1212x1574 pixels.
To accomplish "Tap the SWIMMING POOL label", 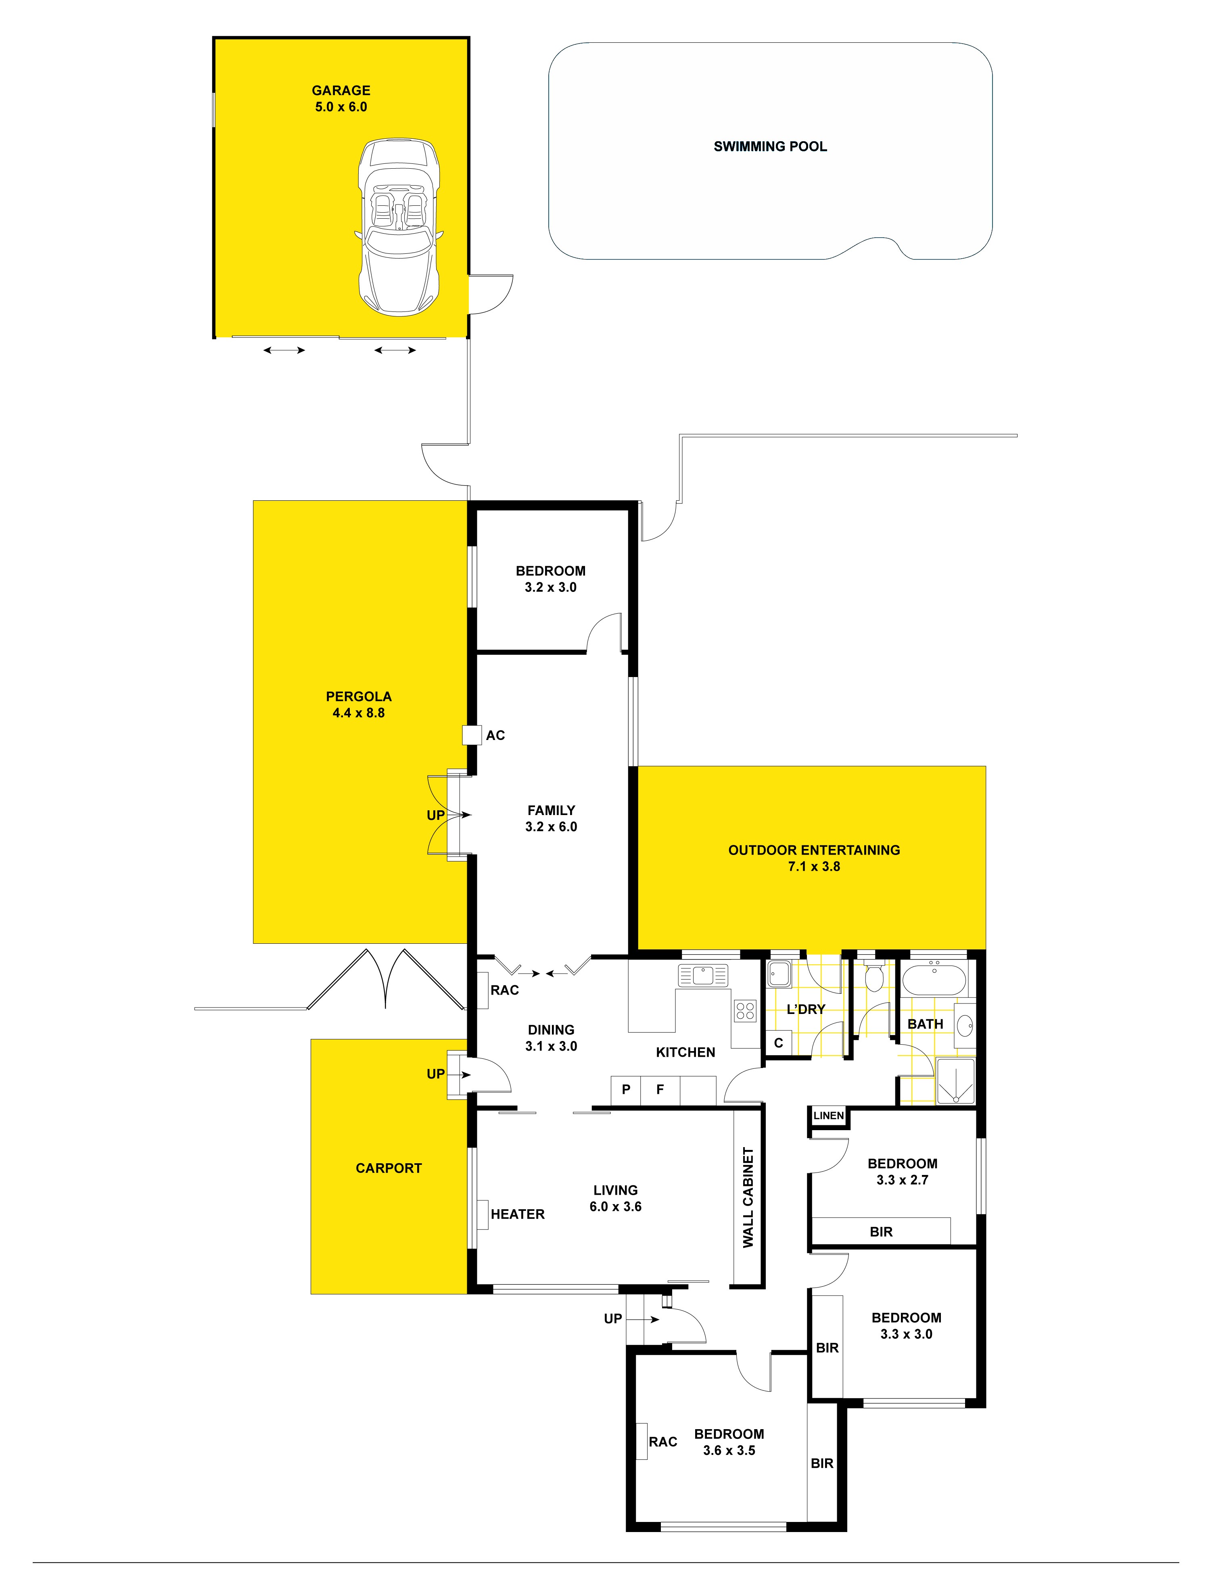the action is point(769,146).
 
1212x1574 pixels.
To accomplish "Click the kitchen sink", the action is point(702,976).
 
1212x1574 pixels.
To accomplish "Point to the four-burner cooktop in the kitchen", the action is point(745,1010).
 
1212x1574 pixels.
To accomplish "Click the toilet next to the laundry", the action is point(874,976).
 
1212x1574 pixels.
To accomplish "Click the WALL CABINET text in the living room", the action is point(748,1197).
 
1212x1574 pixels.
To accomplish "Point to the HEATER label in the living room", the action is point(517,1214).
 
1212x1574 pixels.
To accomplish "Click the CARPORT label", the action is point(389,1168).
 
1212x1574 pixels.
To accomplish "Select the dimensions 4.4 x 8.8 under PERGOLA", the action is point(358,713).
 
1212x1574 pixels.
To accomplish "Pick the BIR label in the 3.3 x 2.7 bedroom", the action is point(880,1232).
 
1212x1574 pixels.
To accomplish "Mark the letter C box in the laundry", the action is point(778,1043).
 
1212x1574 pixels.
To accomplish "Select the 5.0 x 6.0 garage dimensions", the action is point(341,107).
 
